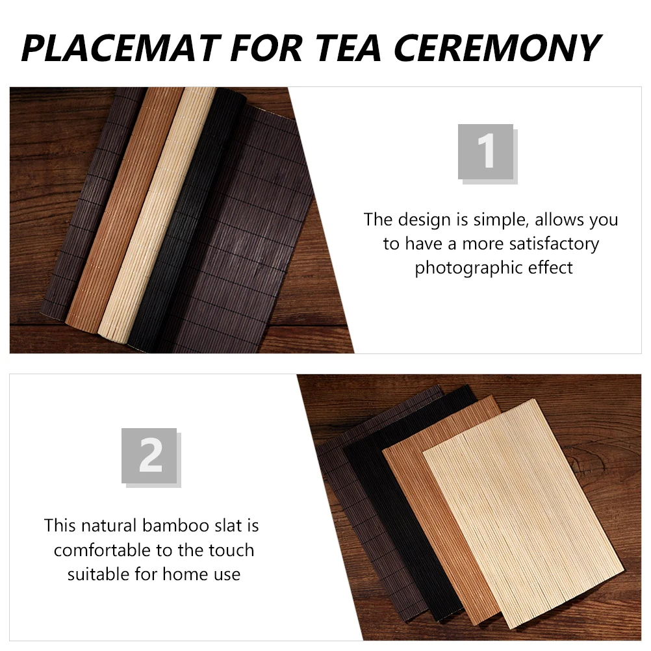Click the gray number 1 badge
486,152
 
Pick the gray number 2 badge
149,455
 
